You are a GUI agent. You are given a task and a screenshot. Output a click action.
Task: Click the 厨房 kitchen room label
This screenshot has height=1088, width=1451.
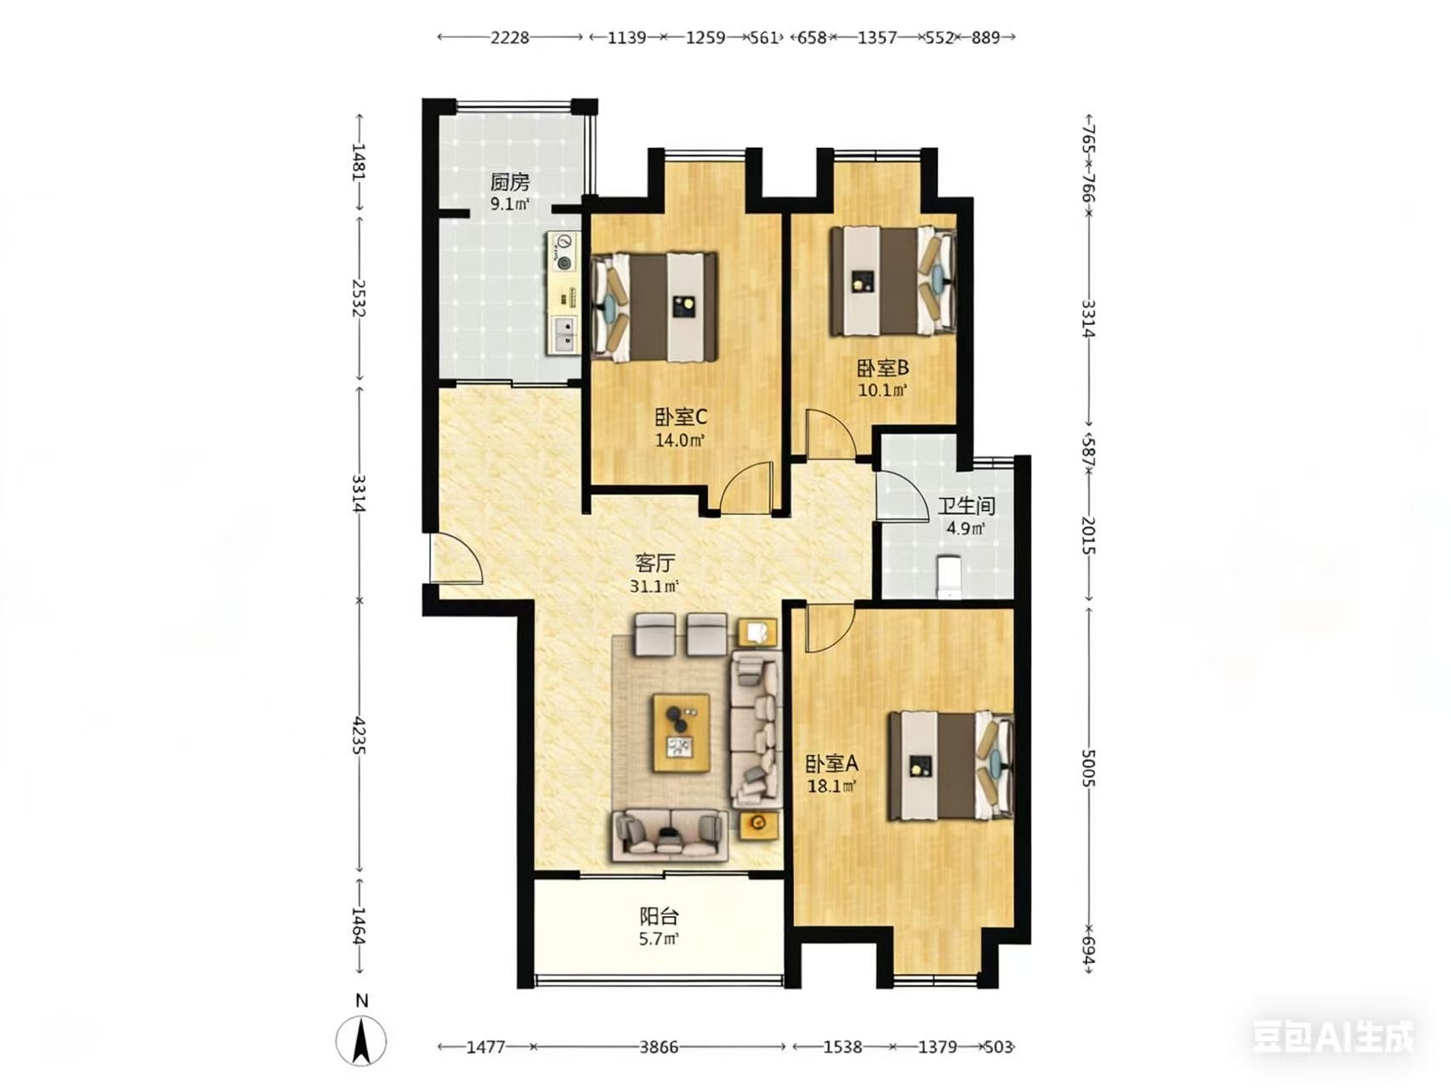510,182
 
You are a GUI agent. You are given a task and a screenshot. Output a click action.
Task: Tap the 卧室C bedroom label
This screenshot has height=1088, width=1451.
680,417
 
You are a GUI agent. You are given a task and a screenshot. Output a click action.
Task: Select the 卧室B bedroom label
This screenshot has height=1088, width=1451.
882,368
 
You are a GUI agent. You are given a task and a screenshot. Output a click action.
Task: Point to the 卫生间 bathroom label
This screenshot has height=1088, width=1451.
966,506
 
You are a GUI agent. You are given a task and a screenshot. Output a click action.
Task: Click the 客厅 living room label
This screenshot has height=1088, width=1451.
655,563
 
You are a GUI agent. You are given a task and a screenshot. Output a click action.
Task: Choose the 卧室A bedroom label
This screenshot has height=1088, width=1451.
832,763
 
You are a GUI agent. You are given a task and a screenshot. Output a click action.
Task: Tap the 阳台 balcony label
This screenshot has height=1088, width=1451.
659,916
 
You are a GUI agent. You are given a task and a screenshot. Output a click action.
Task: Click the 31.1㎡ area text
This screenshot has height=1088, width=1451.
655,586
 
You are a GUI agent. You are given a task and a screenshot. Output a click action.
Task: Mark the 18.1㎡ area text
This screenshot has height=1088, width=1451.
832,786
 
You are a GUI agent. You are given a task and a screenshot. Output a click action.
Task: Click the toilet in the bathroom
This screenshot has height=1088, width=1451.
949,576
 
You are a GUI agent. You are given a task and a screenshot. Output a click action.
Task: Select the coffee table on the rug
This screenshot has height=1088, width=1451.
681,733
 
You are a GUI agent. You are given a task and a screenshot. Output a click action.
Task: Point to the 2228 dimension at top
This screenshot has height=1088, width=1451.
510,37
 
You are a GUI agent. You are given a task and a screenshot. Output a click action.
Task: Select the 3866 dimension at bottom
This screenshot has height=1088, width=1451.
659,1047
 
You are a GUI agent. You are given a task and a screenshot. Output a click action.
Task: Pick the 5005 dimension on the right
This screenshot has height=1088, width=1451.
1089,768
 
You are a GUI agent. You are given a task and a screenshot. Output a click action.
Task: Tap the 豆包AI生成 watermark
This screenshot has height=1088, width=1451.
1333,1037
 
